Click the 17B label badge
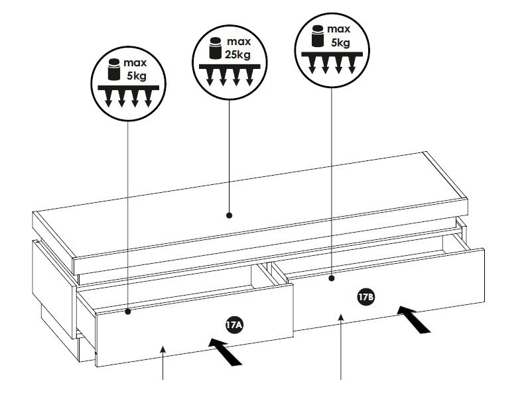(x=367, y=298)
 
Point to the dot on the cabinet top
(x=230, y=215)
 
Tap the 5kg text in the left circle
(x=136, y=75)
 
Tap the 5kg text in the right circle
(x=340, y=42)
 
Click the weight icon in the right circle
(x=316, y=36)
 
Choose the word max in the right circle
(x=339, y=30)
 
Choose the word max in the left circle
(x=135, y=63)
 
